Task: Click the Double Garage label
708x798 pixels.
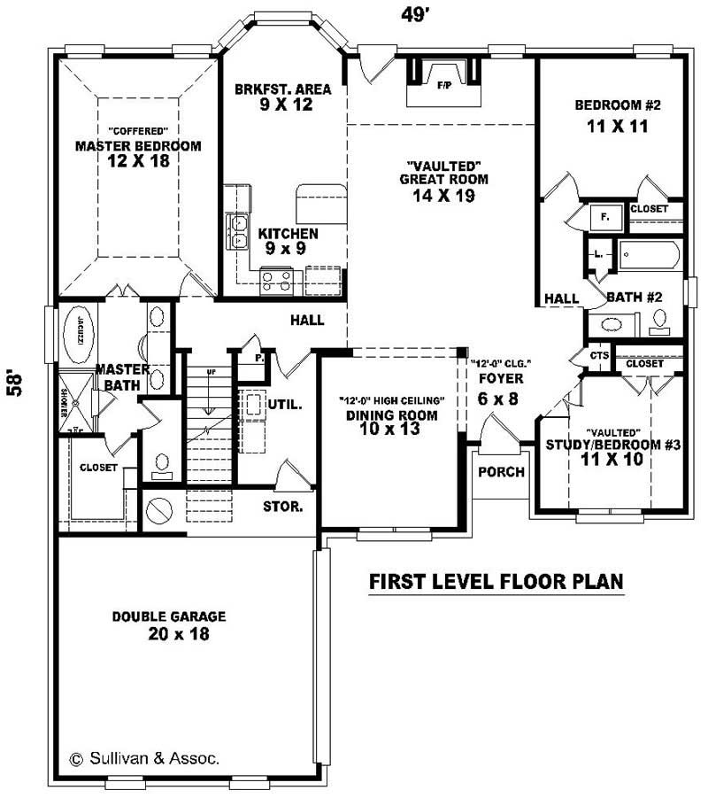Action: coord(169,616)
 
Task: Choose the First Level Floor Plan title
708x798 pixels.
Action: coord(496,582)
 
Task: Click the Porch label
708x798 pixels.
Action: coord(501,472)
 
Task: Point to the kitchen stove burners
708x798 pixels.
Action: coord(276,282)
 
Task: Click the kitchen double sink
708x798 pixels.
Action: coord(236,232)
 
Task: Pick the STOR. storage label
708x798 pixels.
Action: coord(283,507)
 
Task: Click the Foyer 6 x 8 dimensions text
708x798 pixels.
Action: coord(499,399)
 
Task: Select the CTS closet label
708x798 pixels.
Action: coord(600,356)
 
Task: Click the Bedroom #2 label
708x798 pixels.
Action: coord(618,105)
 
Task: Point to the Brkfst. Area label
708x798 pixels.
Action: coord(283,89)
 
